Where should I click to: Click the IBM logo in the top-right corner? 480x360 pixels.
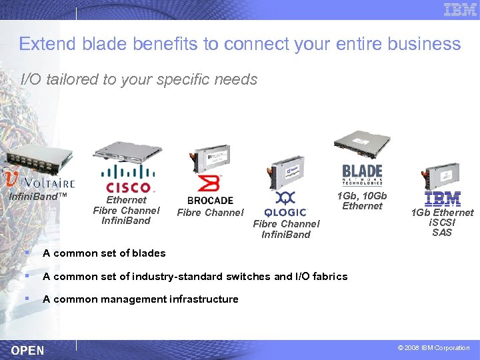pyautogui.click(x=460, y=10)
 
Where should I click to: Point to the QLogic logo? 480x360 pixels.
pyautogui.click(x=285, y=204)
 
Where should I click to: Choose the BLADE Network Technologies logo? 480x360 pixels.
pyautogui.click(x=362, y=177)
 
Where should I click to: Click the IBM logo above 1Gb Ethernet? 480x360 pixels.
pyautogui.click(x=443, y=198)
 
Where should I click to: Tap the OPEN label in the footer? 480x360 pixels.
pyautogui.click(x=28, y=350)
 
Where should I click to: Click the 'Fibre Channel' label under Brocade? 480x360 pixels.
pyautogui.click(x=210, y=213)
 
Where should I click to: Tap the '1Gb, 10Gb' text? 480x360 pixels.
pyautogui.click(x=362, y=196)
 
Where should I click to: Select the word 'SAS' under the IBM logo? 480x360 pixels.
pyautogui.click(x=442, y=233)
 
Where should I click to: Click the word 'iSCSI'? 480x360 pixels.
pyautogui.click(x=442, y=223)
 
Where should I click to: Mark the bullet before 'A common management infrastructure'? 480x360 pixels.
pyautogui.click(x=26, y=299)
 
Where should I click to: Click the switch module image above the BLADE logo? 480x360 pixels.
pyautogui.click(x=363, y=143)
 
